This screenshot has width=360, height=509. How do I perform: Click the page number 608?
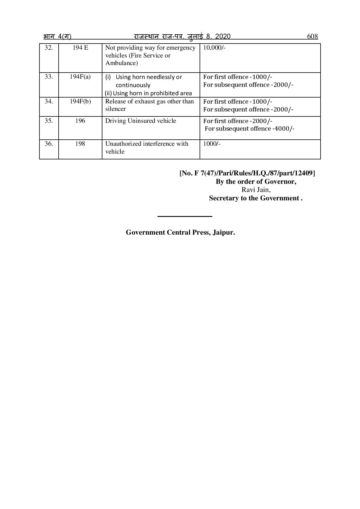coord(312,36)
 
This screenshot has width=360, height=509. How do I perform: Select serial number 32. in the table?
coord(49,48)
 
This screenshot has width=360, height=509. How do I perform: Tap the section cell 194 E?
coord(80,48)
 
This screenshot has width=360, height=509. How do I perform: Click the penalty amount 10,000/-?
coord(214,48)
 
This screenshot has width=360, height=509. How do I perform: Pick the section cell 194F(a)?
coord(80,77)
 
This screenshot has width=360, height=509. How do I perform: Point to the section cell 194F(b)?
coord(80,101)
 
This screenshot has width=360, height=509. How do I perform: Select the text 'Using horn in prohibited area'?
coord(152,93)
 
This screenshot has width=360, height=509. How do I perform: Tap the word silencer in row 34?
coord(115,109)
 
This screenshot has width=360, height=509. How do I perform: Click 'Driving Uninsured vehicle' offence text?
coord(140,121)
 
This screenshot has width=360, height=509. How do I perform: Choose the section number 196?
coord(80,121)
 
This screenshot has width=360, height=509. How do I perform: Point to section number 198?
coord(80,144)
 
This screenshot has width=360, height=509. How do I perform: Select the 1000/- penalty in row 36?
coord(212,144)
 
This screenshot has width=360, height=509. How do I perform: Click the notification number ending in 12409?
coord(247,173)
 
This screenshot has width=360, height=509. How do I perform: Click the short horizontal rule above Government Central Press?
coord(185,216)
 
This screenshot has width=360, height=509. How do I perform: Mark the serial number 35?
coord(49,121)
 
